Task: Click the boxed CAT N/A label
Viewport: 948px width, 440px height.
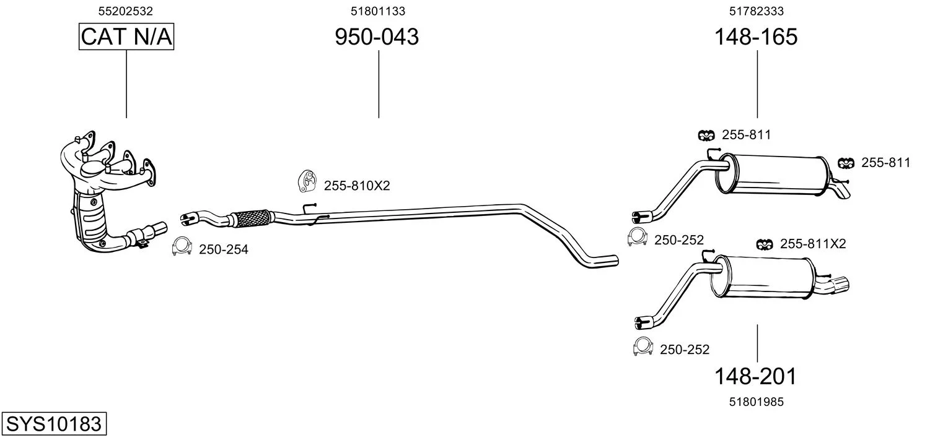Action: coord(126,37)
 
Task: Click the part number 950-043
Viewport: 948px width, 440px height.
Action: coord(377,37)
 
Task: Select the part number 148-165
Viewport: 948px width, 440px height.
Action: coord(756,37)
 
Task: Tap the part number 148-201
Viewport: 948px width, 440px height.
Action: coord(755,376)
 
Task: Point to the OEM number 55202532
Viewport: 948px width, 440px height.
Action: coord(126,11)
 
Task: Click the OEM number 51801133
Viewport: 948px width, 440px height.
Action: coord(378,11)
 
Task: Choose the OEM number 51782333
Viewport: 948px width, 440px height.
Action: coord(757,11)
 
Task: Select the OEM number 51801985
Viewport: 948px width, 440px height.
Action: coord(757,402)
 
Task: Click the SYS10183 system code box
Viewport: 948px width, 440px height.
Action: coord(54,423)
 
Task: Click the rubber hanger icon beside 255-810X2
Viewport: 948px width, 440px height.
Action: coord(307,181)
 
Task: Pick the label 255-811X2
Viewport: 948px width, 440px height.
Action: coord(812,244)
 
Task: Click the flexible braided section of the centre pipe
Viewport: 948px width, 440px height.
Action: coord(252,218)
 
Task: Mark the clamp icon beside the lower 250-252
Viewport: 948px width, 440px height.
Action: coord(643,347)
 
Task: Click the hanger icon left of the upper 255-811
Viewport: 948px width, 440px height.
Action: coord(706,136)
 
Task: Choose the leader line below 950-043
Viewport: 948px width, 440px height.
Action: coord(379,84)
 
